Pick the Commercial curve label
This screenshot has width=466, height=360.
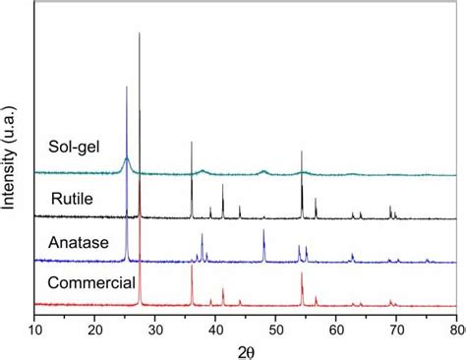tap(90, 283)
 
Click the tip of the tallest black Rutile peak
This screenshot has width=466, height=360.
tap(140, 33)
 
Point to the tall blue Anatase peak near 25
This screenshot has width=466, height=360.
tap(127, 88)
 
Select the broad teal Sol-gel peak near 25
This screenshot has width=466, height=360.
tap(127, 158)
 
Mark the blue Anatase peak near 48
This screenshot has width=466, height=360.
tap(263, 230)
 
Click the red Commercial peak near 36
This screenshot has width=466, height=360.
tap(192, 268)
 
